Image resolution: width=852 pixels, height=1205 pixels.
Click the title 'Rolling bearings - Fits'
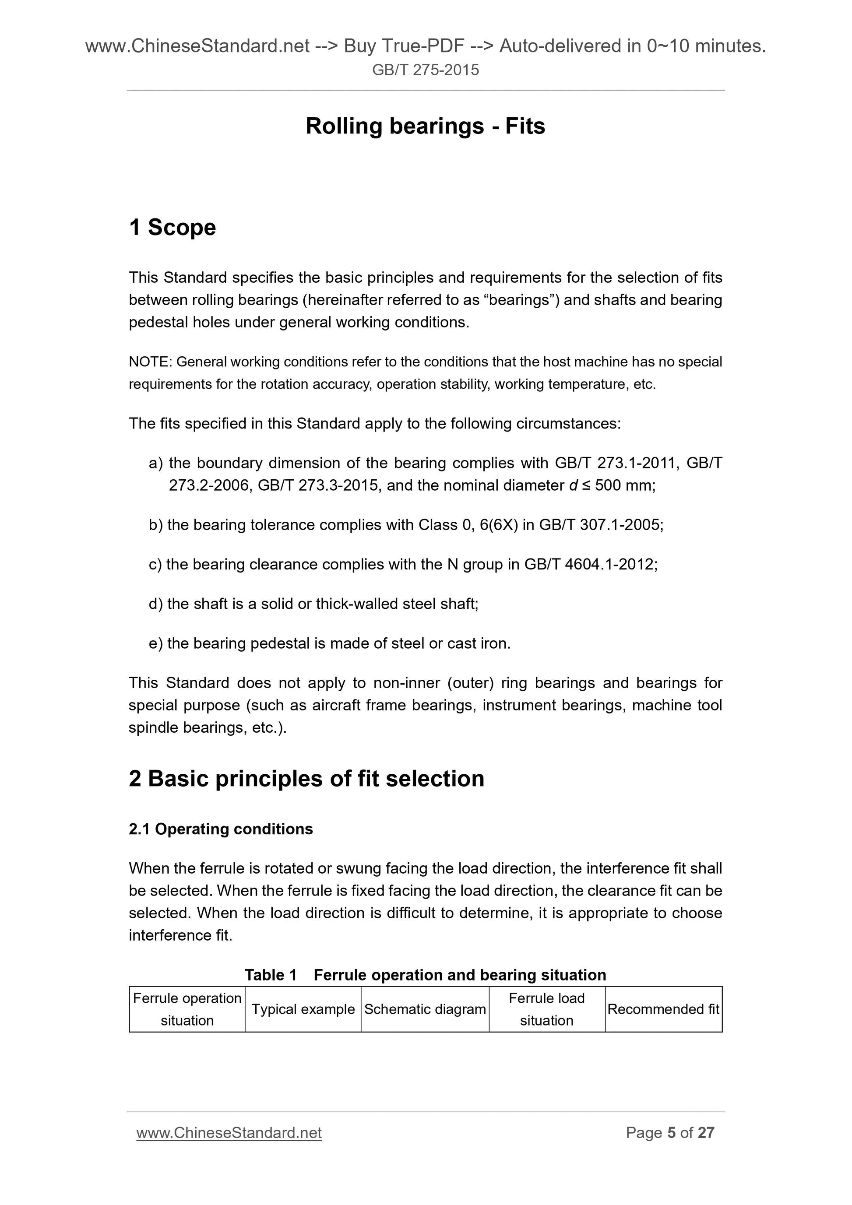[425, 126]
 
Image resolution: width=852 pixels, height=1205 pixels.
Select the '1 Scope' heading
[172, 228]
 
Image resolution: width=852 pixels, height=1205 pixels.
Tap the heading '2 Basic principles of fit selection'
[306, 779]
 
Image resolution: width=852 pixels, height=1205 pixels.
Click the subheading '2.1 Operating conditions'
[221, 829]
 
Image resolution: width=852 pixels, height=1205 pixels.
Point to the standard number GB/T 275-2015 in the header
[425, 70]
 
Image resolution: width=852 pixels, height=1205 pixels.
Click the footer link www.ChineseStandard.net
[229, 1133]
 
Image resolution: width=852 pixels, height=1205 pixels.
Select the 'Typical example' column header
[303, 1009]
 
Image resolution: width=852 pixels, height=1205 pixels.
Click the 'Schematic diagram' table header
[425, 1009]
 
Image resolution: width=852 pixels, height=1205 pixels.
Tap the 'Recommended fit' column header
[663, 1009]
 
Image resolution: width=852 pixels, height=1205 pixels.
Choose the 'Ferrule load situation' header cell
[546, 1009]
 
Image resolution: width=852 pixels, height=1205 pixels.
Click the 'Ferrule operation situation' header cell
[187, 1009]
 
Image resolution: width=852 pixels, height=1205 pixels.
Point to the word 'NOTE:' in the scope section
[151, 362]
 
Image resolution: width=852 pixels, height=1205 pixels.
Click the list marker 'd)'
[156, 604]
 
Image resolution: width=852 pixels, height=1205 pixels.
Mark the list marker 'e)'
[156, 643]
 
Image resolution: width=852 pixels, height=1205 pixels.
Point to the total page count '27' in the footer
[706, 1133]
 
